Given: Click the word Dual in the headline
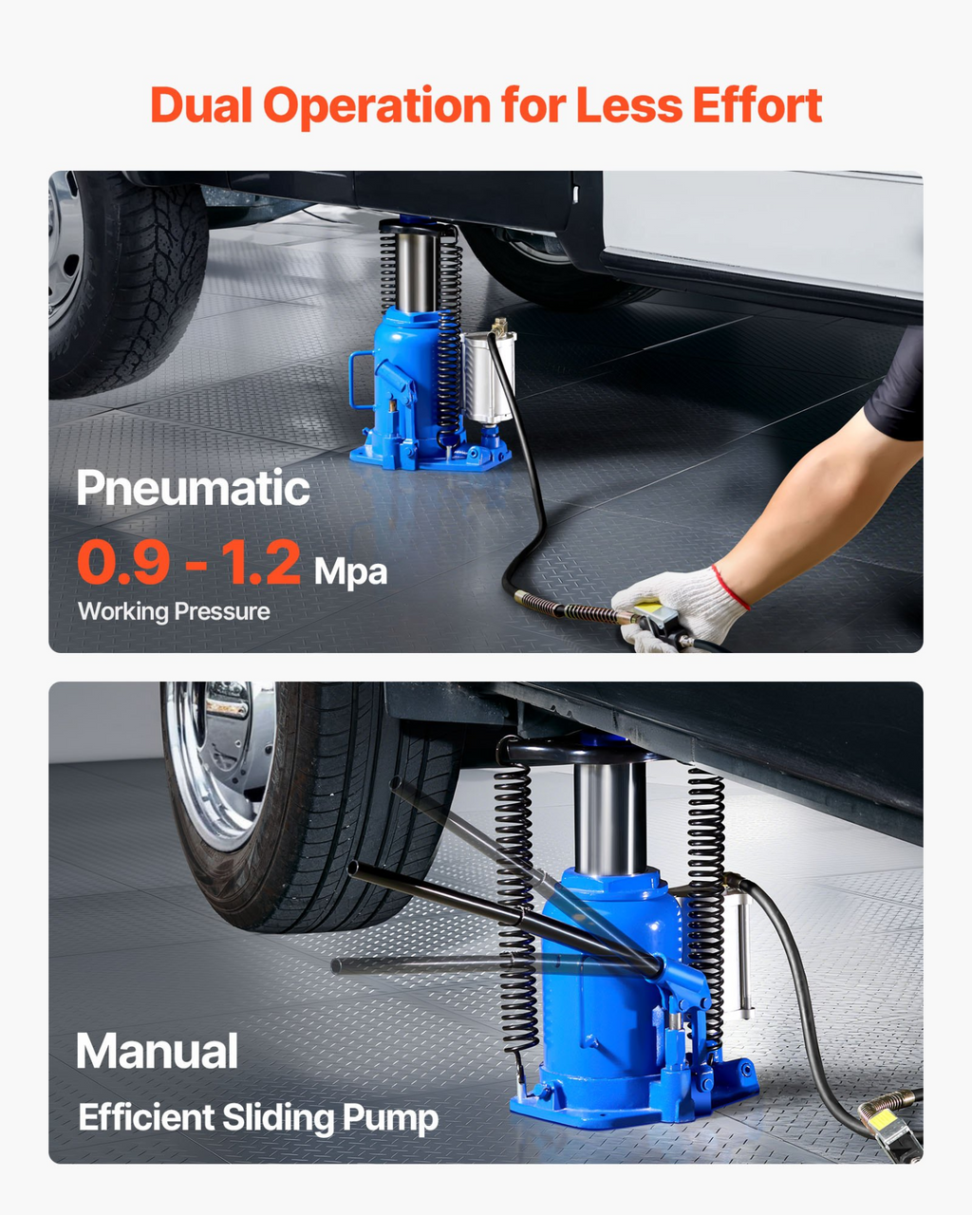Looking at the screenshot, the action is tap(201, 105).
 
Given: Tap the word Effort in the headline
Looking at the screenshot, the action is tap(757, 105).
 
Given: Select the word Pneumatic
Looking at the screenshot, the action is tap(193, 488).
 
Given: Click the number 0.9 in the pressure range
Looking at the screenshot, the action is tap(123, 562).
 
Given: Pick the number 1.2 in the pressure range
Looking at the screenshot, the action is tap(261, 562).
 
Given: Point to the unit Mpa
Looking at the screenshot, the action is tap(350, 571).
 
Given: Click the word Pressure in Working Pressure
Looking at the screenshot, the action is tap(222, 611).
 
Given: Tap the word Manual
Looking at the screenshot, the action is tap(157, 1051).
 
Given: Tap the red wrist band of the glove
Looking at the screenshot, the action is tap(730, 588).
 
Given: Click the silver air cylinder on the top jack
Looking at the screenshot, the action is tap(489, 376).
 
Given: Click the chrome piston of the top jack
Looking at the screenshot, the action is tap(415, 271).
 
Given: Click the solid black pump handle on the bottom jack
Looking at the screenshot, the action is tap(503, 912).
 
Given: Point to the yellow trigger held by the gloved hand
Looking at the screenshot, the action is tap(649, 608).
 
